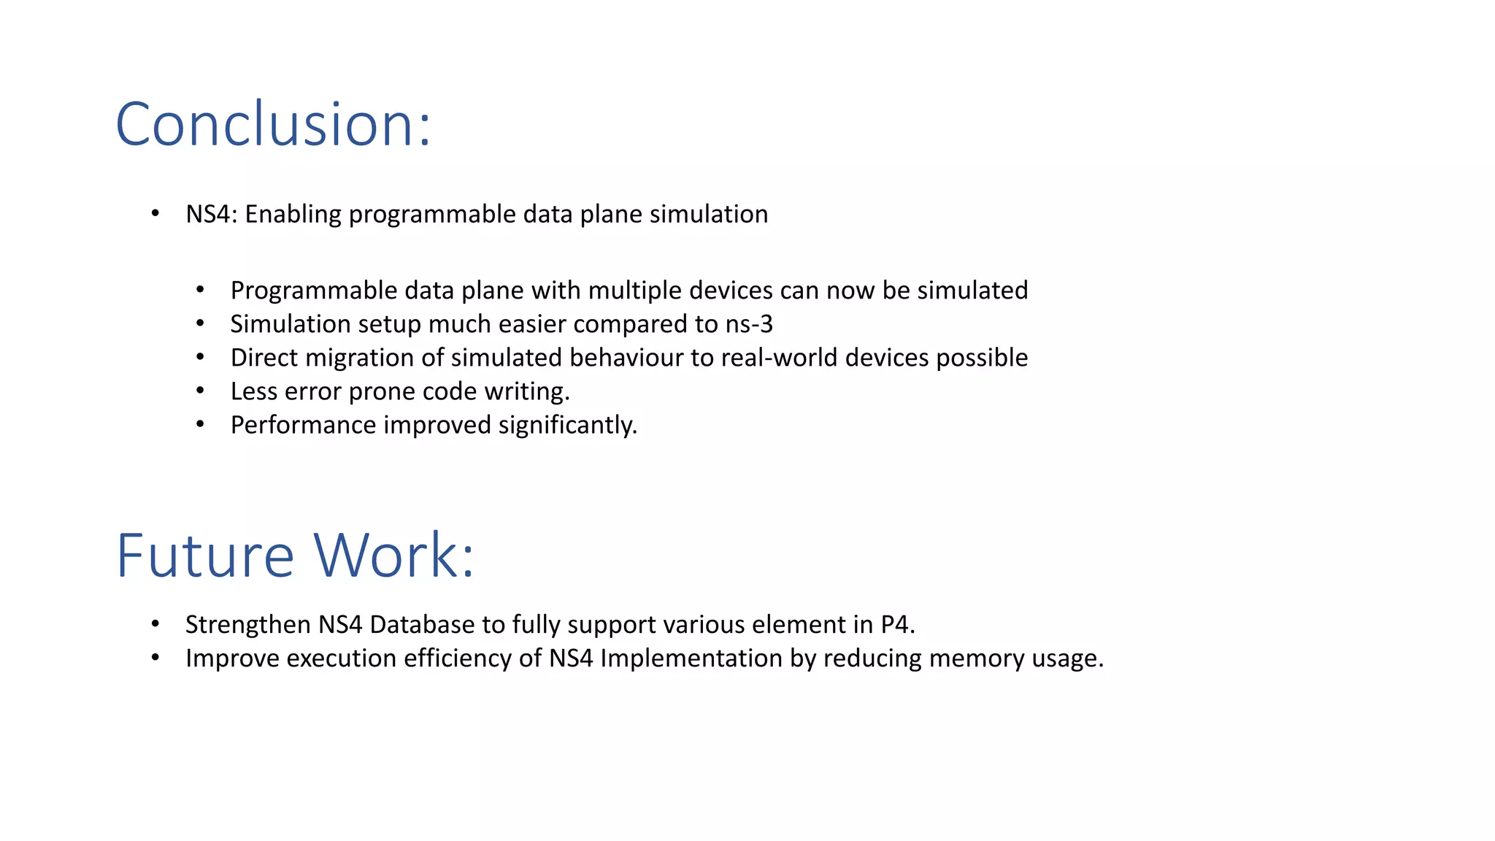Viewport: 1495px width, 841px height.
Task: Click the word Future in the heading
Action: coord(205,556)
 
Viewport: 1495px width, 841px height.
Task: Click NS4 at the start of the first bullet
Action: coord(210,215)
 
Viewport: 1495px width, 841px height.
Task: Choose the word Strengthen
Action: coord(248,625)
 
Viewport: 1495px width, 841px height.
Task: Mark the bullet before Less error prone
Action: coord(200,391)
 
